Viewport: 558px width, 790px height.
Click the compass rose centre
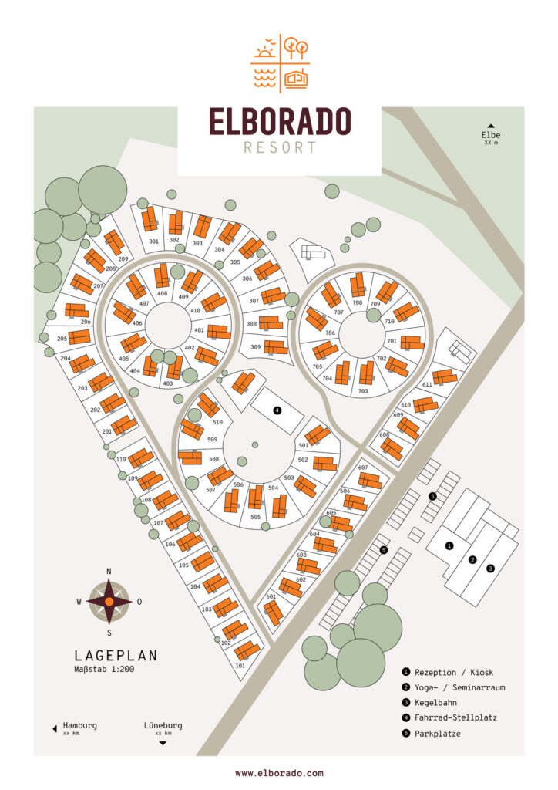109,601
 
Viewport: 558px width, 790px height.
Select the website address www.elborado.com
279,772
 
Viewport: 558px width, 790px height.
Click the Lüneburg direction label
163,726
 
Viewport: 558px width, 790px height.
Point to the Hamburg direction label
79,726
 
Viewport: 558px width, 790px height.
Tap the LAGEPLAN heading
116,656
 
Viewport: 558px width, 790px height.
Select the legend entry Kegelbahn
435,702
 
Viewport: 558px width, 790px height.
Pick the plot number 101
240,664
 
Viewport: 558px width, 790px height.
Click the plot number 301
153,241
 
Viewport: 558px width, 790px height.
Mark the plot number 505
256,518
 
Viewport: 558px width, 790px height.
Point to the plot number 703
363,391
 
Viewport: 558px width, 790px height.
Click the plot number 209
123,258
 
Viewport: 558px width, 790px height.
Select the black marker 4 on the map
277,410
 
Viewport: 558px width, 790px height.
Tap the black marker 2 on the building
473,559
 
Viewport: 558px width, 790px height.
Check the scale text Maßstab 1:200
105,670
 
